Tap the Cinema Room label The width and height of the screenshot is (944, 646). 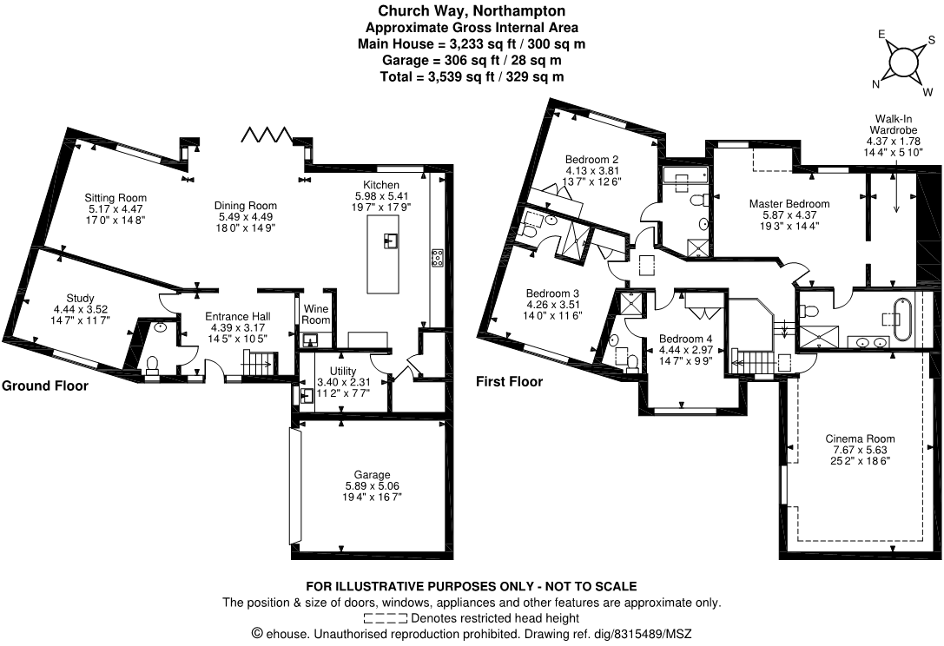(859, 438)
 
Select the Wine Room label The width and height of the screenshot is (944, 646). (315, 313)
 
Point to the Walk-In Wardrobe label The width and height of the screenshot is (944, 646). (894, 124)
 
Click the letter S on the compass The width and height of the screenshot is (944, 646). (931, 40)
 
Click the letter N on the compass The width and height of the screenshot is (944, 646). (875, 84)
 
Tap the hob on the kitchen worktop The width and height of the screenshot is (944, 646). (437, 256)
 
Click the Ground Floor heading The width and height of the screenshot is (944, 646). (44, 386)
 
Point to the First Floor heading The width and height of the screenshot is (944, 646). (509, 381)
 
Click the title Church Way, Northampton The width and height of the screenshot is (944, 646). (472, 11)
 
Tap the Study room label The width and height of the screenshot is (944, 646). (80, 298)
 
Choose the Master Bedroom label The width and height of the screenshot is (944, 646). (789, 204)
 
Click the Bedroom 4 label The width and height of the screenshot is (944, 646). (685, 339)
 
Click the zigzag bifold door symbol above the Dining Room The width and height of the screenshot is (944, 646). (268, 135)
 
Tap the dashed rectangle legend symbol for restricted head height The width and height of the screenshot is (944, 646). (386, 618)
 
